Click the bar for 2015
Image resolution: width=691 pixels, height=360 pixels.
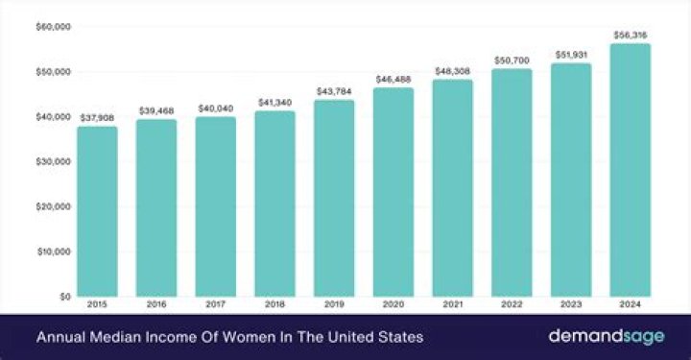click(x=97, y=211)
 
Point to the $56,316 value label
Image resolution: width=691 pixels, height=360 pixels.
click(x=630, y=36)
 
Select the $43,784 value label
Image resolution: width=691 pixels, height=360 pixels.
click(x=334, y=92)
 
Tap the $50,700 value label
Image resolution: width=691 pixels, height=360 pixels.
click(x=512, y=60)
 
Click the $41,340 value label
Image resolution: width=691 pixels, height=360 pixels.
click(x=274, y=103)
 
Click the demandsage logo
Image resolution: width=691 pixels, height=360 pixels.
click(x=602, y=337)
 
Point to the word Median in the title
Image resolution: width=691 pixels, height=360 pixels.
click(x=109, y=338)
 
